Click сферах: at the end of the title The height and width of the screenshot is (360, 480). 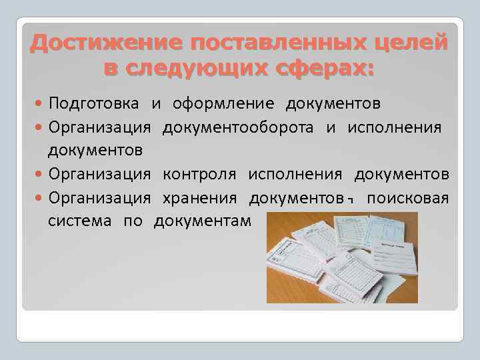(x=322, y=68)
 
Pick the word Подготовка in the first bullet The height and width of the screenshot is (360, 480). (x=94, y=104)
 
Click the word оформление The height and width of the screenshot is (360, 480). (x=223, y=104)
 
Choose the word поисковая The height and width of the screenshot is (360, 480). (x=408, y=198)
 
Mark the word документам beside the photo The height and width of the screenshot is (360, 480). (x=203, y=221)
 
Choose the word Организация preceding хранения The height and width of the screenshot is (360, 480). (x=100, y=198)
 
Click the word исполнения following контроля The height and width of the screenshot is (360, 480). (x=295, y=175)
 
